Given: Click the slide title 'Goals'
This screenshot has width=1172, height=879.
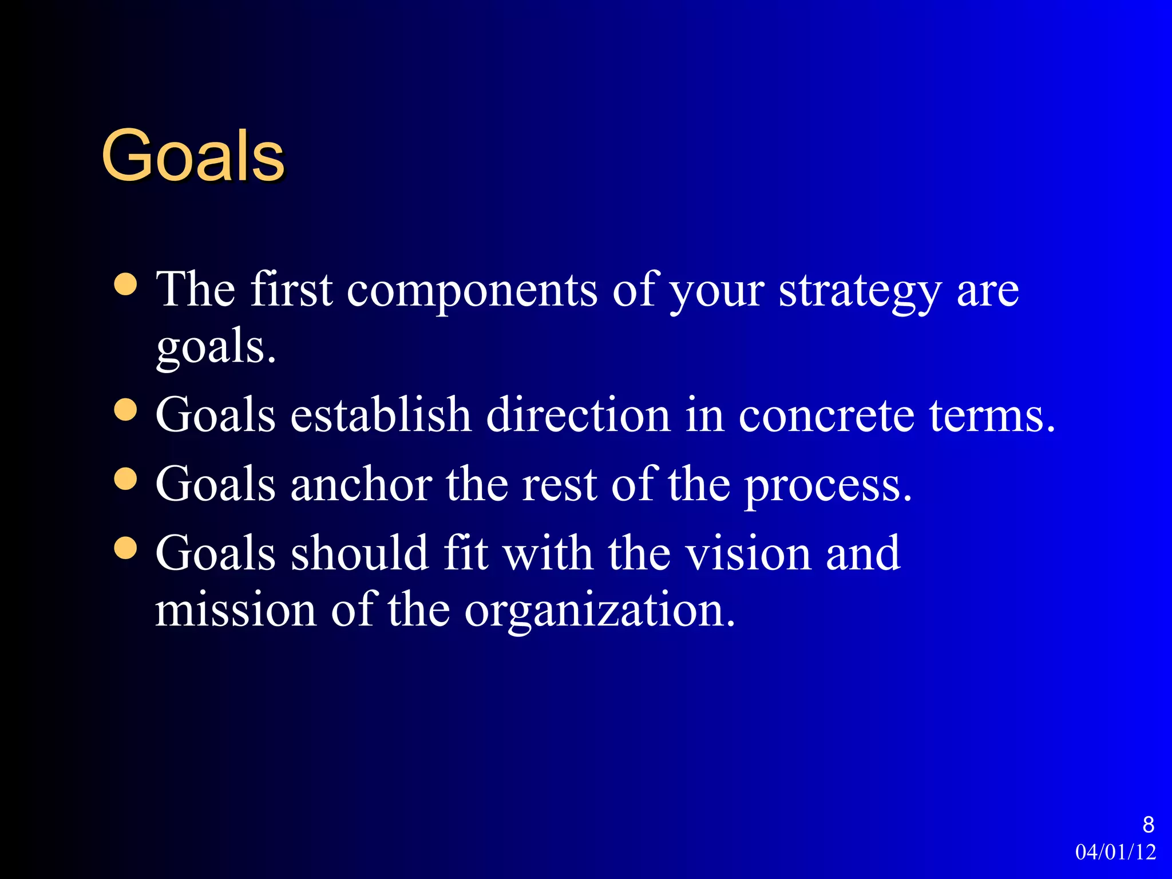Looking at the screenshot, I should click(193, 156).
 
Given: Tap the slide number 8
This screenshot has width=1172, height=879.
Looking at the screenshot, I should click(1148, 825).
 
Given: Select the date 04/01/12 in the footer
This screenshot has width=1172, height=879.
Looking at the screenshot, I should click(1115, 852).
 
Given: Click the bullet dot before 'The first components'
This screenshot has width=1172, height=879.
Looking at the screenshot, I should click(126, 284).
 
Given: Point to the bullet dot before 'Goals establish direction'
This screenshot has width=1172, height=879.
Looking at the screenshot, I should click(126, 410).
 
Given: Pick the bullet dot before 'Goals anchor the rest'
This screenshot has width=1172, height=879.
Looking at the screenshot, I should click(126, 479).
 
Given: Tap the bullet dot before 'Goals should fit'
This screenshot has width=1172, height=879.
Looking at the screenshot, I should click(126, 548).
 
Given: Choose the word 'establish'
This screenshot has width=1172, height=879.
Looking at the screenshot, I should click(381, 415).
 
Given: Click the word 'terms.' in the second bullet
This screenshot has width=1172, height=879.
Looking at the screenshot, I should click(992, 415).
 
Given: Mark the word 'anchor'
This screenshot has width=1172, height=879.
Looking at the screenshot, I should click(361, 485).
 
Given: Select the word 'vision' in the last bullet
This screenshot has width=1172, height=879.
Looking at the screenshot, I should click(748, 553).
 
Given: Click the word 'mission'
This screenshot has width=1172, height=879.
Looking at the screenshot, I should click(236, 610).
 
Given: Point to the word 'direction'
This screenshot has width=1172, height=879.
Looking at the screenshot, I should click(578, 415).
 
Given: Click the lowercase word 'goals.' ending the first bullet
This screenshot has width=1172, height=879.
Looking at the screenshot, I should click(216, 349).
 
